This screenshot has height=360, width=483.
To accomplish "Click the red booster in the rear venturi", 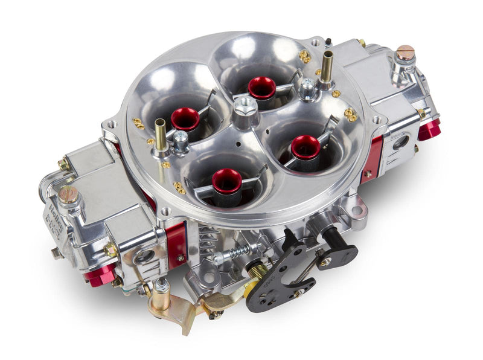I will coord(261,88).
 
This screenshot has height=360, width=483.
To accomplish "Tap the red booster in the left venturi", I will coord(185,119).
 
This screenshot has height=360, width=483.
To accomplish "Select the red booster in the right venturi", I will coord(305,147).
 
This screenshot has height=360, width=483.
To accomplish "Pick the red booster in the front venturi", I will coord(227,181).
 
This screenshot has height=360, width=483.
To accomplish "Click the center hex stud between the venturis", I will coord(245,109).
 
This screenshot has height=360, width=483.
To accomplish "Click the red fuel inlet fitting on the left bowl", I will coord(99,275).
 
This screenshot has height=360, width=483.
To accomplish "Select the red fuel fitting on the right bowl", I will coord(429,129).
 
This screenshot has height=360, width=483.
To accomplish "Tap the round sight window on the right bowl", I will coord(399,143).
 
